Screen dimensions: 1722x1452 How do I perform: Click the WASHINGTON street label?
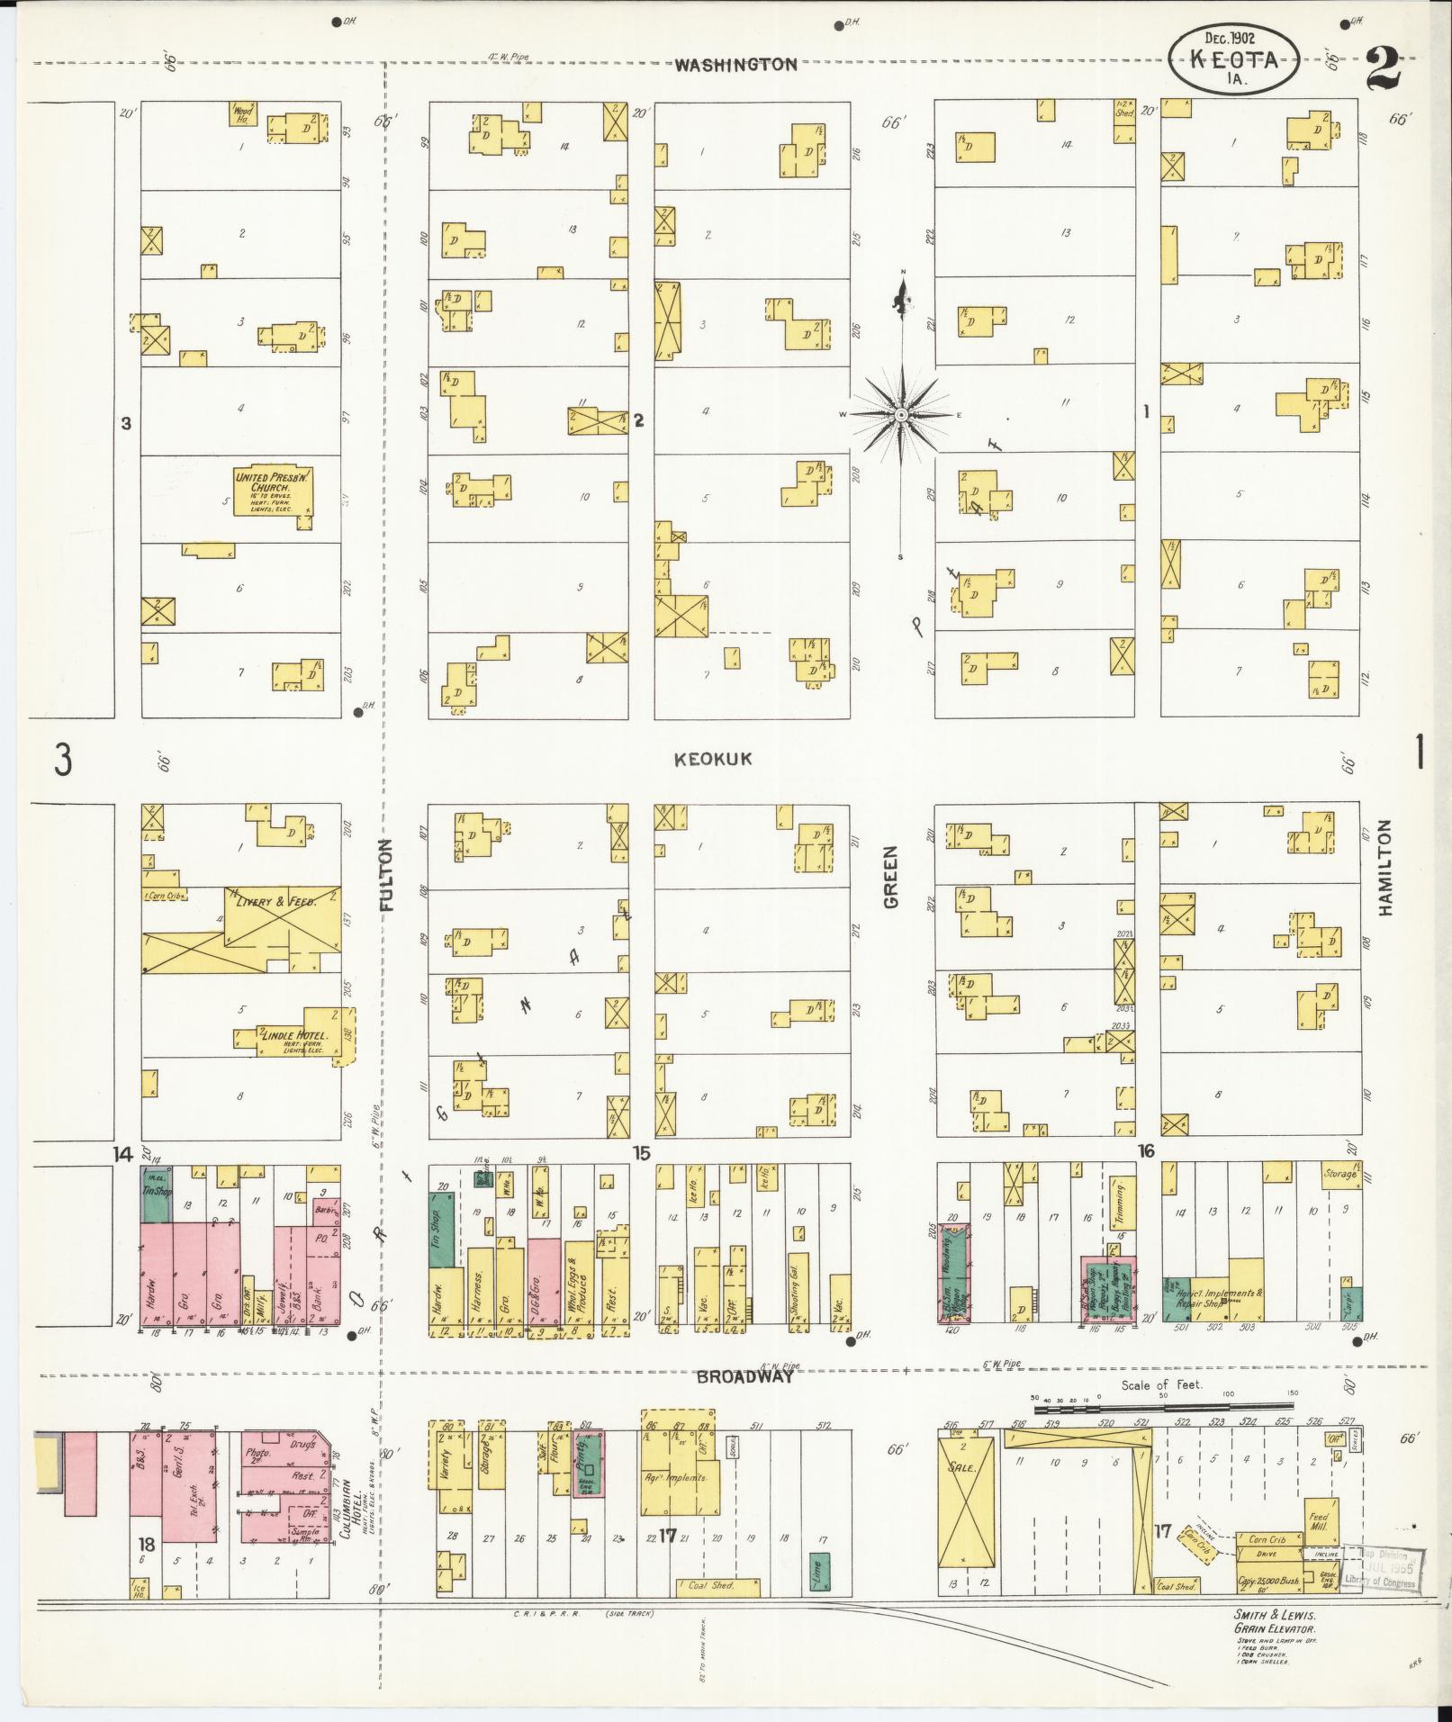coord(735,65)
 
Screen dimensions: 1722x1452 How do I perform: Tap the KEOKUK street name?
coord(713,760)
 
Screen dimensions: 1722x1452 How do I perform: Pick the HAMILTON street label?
coord(1384,868)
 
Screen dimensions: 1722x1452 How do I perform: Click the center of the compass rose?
coord(901,414)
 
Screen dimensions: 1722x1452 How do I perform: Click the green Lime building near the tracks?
coord(819,1570)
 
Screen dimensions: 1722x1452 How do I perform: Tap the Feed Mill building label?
coord(1318,1514)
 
